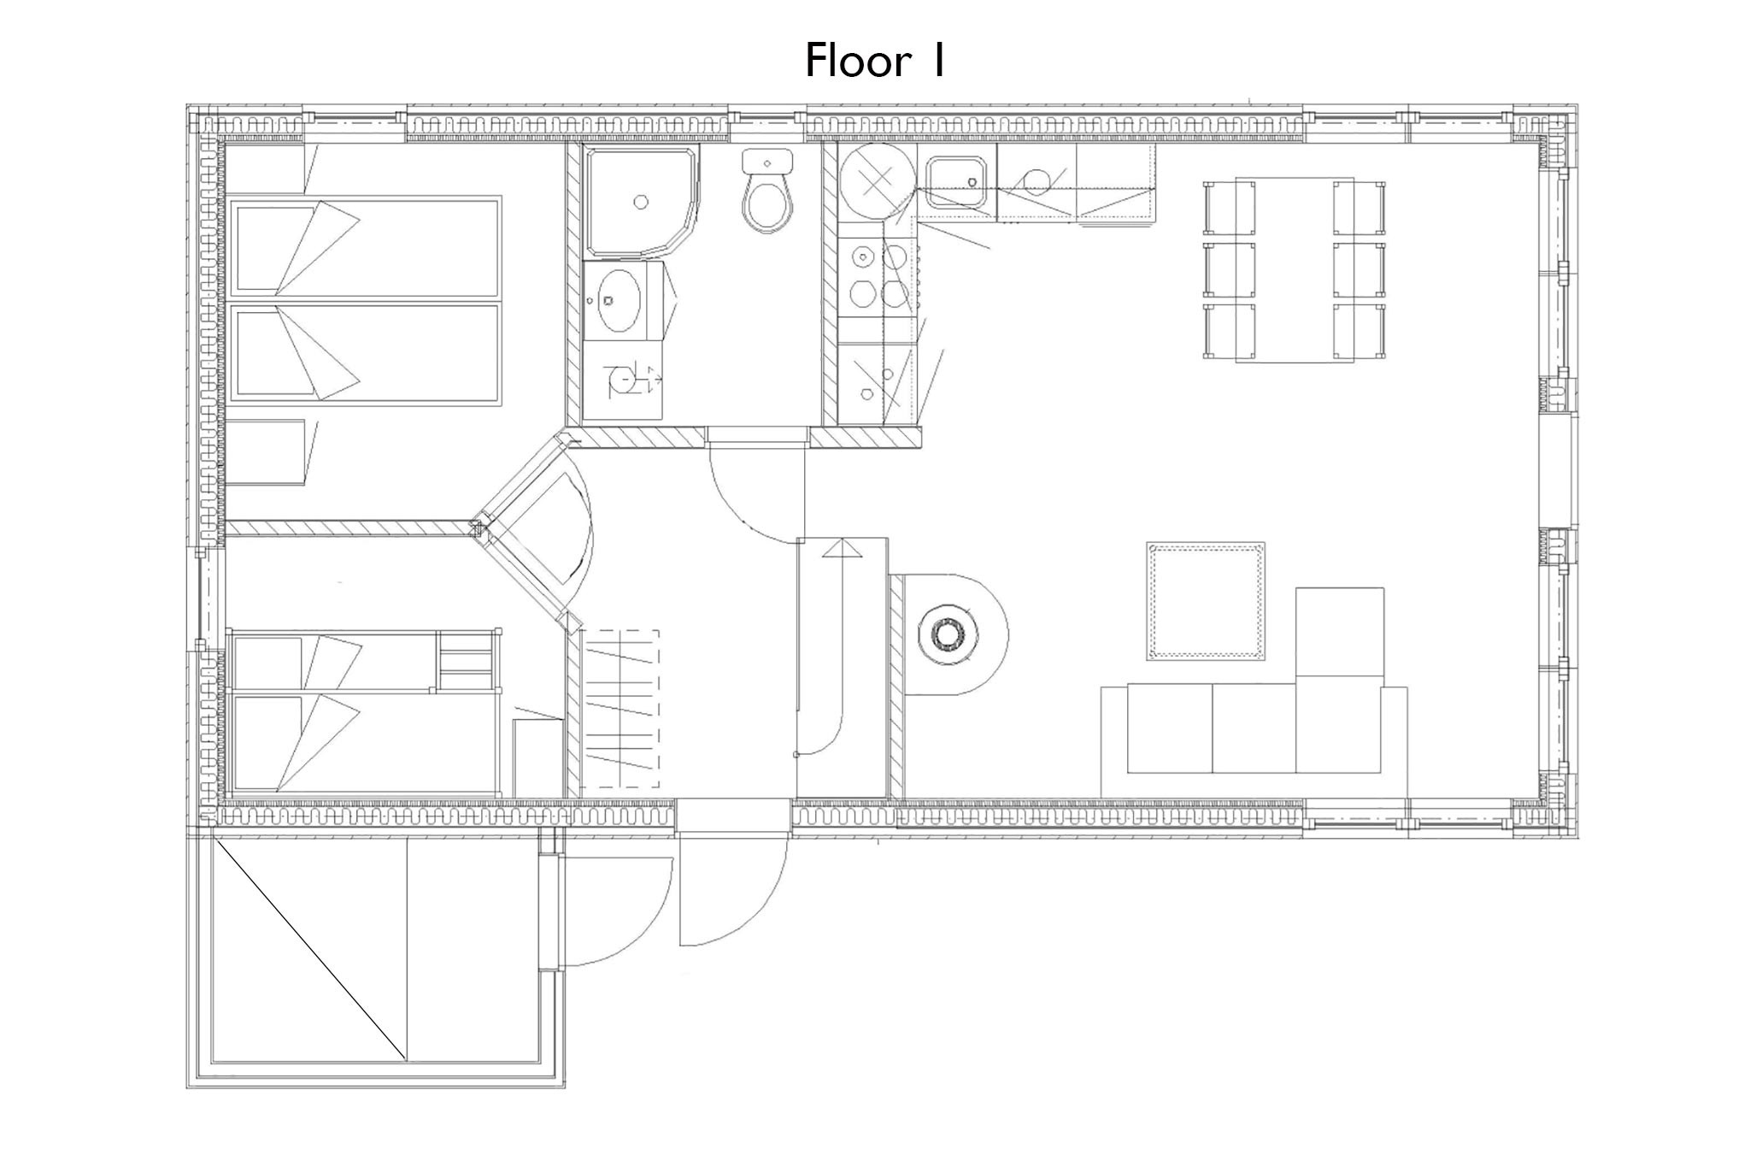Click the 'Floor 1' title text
[874, 62]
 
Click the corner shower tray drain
[640, 202]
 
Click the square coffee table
[1206, 600]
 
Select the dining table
[1295, 269]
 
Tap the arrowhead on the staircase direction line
[843, 548]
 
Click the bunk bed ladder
[467, 659]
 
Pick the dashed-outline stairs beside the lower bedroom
[620, 709]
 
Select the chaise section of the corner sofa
[1339, 680]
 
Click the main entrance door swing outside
[733, 889]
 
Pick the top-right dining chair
[1359, 206]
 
